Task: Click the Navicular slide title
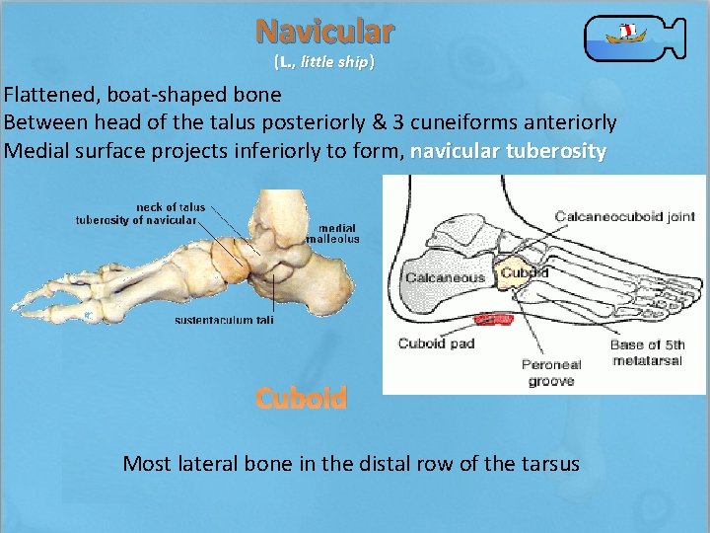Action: coord(325,32)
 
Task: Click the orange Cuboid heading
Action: coord(301,398)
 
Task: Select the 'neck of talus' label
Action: coord(171,207)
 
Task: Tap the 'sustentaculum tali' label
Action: coord(224,320)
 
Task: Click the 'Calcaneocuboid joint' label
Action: coord(624,216)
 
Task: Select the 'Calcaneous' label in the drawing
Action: coord(445,277)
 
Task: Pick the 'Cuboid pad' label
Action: coord(436,343)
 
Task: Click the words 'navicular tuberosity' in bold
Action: coord(508,151)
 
